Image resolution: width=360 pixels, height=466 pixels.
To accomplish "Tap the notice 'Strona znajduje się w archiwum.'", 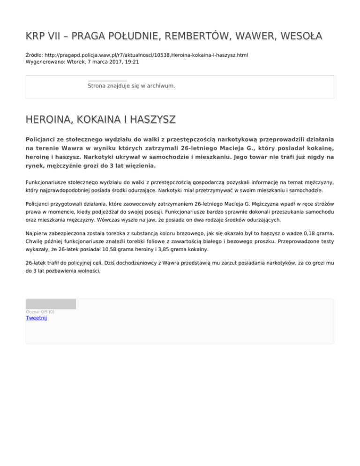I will [x=131, y=86].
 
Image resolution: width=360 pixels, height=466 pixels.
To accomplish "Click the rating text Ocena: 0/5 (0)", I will [x=40, y=312].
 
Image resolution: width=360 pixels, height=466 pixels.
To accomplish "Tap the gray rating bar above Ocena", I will [x=51, y=304].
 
